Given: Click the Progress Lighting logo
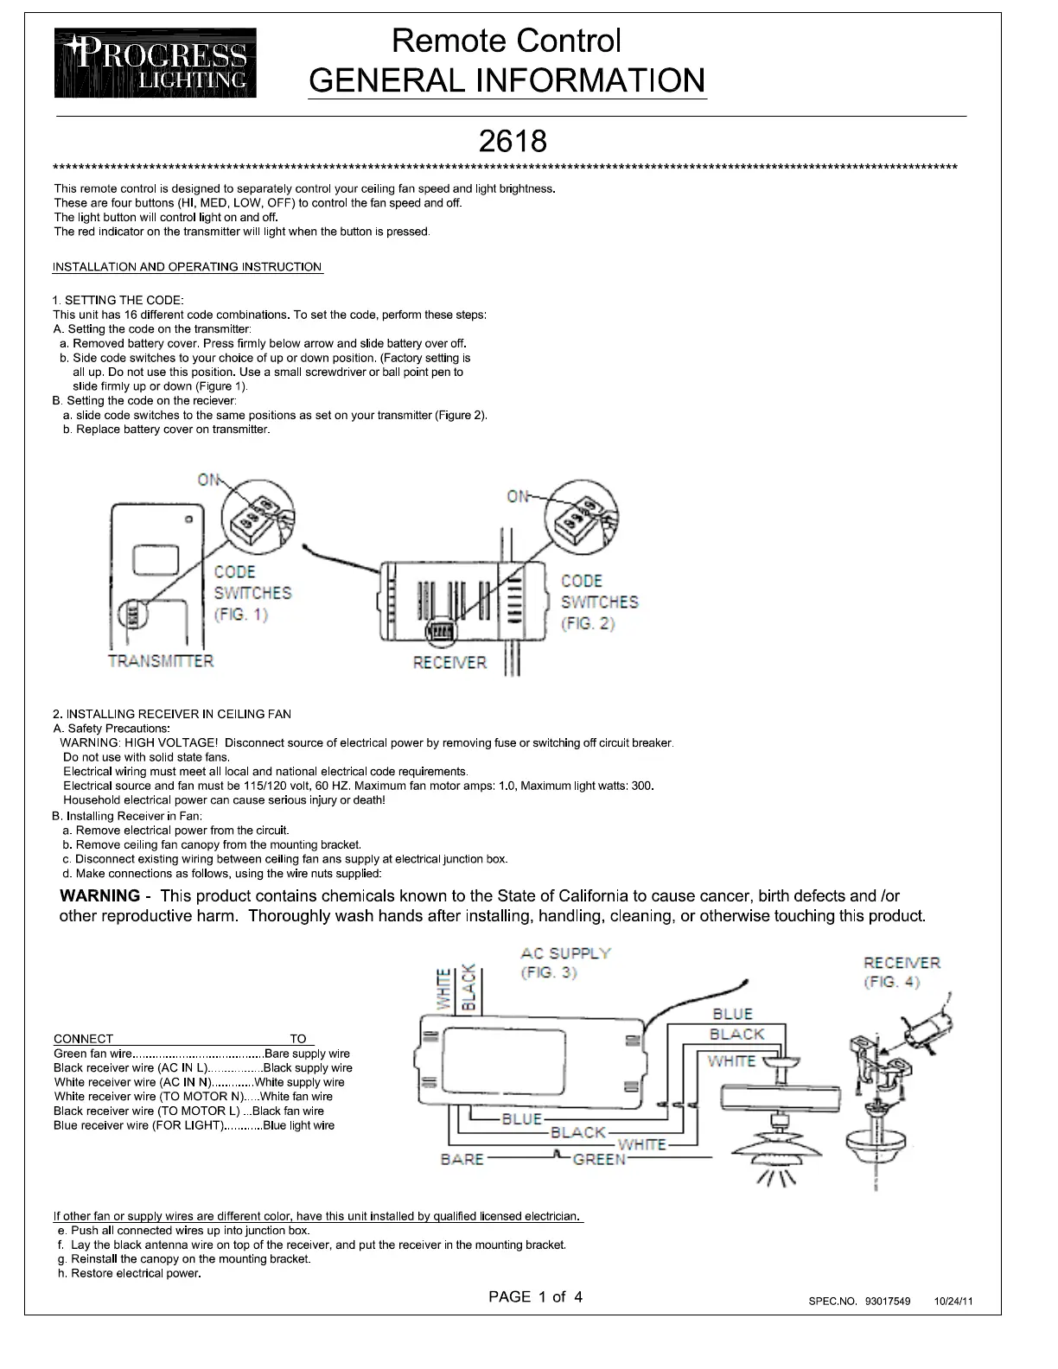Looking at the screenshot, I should tap(155, 63).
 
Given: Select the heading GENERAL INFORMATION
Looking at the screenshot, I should tap(507, 80).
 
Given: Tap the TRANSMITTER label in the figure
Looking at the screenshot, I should tap(161, 661).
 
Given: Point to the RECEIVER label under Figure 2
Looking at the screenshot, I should tap(449, 663).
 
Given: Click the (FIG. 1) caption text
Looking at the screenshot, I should tap(241, 614).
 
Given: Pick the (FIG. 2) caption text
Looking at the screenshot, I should tap(588, 623).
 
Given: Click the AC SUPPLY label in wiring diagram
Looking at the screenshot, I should tap(565, 953).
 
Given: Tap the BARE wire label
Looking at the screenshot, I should tap(462, 1159).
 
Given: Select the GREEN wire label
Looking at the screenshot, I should tap(599, 1159).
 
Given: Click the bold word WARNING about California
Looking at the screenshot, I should tap(99, 896).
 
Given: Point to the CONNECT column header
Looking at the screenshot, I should tap(83, 1039).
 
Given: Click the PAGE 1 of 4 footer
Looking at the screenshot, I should tap(535, 1296).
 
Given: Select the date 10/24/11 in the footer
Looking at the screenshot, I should tap(953, 1302).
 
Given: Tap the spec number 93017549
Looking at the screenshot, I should tap(887, 1302).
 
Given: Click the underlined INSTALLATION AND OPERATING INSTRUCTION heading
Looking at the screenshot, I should tap(188, 267).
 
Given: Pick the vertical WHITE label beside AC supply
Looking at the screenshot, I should tap(444, 990).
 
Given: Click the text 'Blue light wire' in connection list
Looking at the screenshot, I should tap(298, 1125).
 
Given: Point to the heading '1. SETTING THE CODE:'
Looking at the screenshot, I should tap(118, 300).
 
